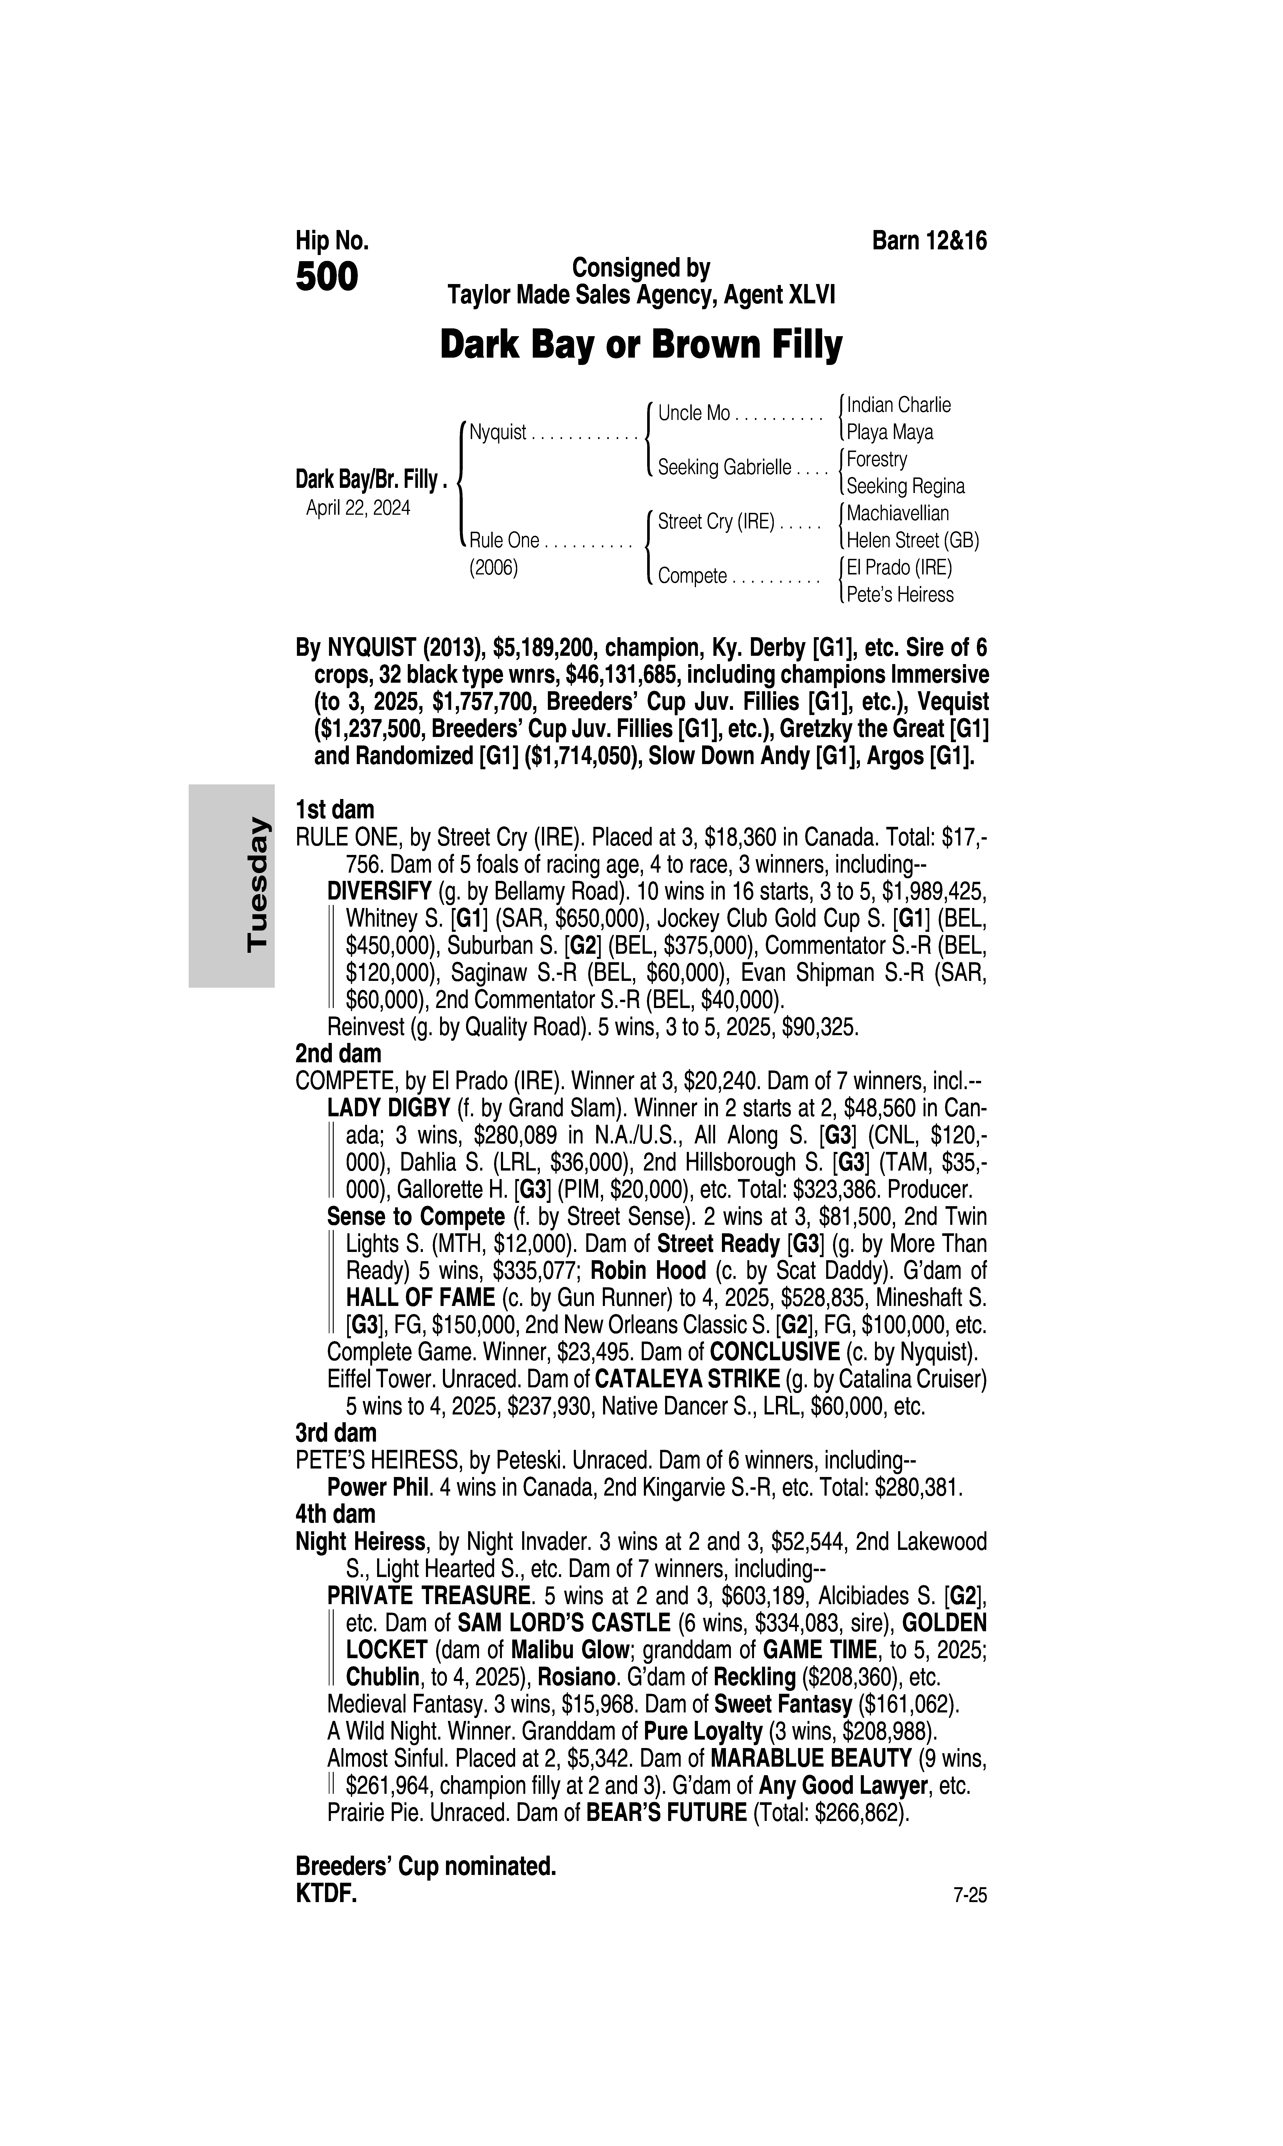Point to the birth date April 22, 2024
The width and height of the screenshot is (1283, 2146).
coord(358,507)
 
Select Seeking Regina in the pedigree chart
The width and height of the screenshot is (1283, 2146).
coord(905,486)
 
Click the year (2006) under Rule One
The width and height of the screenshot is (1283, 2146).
coord(493,568)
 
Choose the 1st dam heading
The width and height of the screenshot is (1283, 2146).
coord(335,810)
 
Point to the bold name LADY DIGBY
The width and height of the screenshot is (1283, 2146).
coord(388,1109)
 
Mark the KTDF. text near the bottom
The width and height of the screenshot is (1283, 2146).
coord(326,1894)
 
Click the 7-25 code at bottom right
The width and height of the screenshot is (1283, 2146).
coord(969,1896)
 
